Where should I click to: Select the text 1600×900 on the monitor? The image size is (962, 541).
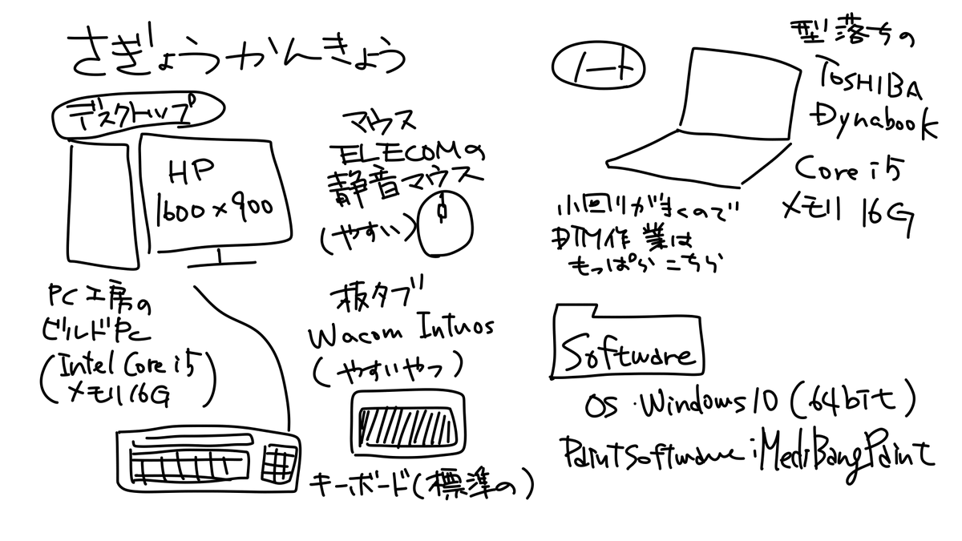coord(215,208)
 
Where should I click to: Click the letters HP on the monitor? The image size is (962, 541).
coord(189,171)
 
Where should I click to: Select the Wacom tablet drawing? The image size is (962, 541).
coord(406,419)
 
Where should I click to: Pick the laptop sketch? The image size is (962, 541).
coord(705,120)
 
